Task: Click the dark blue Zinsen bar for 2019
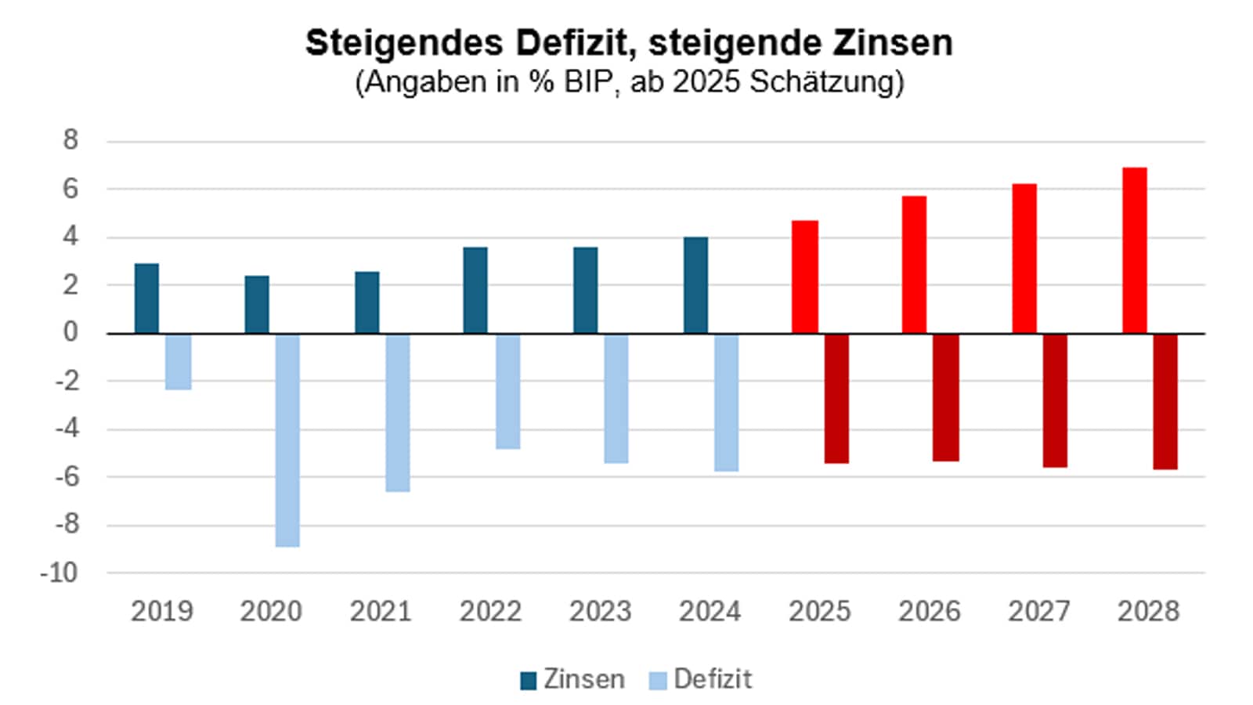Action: coord(146,298)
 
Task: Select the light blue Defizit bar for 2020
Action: coord(287,440)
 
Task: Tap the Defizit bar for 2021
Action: coord(397,413)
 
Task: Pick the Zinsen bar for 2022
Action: coord(475,291)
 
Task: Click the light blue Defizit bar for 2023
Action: coord(616,398)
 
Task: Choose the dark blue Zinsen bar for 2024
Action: coord(695,285)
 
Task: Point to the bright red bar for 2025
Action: coord(805,277)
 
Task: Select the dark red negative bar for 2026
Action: coord(946,397)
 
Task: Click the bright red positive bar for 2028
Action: coord(1135,251)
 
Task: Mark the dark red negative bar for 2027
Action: coord(1055,400)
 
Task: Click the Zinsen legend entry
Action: coord(573,679)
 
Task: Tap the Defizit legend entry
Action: coord(702,679)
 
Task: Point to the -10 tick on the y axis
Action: coord(60,573)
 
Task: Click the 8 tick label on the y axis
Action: coord(71,140)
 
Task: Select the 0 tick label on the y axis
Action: coord(71,332)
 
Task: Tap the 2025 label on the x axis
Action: coord(819,611)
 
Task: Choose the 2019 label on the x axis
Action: coord(161,611)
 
